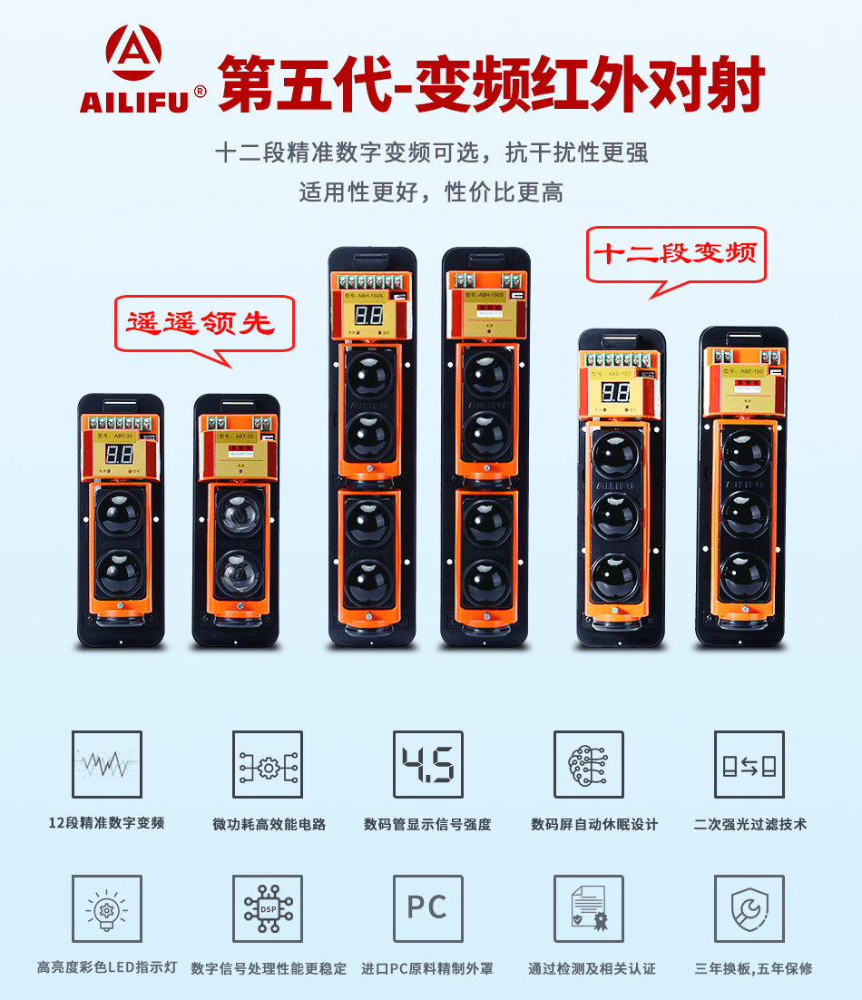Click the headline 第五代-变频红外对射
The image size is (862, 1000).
click(x=492, y=84)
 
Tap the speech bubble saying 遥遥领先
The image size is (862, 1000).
click(x=205, y=324)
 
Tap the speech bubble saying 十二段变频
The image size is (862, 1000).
click(x=676, y=253)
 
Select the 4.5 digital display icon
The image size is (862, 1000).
click(x=427, y=765)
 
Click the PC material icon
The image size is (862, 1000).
click(x=427, y=908)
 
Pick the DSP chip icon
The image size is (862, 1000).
click(x=268, y=908)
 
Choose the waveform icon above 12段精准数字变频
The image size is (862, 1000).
click(x=107, y=765)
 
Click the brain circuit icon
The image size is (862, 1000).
click(x=589, y=765)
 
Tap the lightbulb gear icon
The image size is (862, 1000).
click(x=107, y=908)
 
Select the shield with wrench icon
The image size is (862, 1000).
click(x=749, y=908)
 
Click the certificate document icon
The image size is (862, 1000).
click(x=589, y=908)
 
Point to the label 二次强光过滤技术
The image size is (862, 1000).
click(x=749, y=824)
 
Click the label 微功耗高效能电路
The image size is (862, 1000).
click(x=269, y=824)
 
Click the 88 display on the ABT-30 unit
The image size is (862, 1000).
click(x=119, y=454)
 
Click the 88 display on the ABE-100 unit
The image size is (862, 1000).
click(x=615, y=392)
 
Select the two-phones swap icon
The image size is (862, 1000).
click(x=749, y=765)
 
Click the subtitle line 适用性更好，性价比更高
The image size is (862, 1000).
click(x=431, y=192)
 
